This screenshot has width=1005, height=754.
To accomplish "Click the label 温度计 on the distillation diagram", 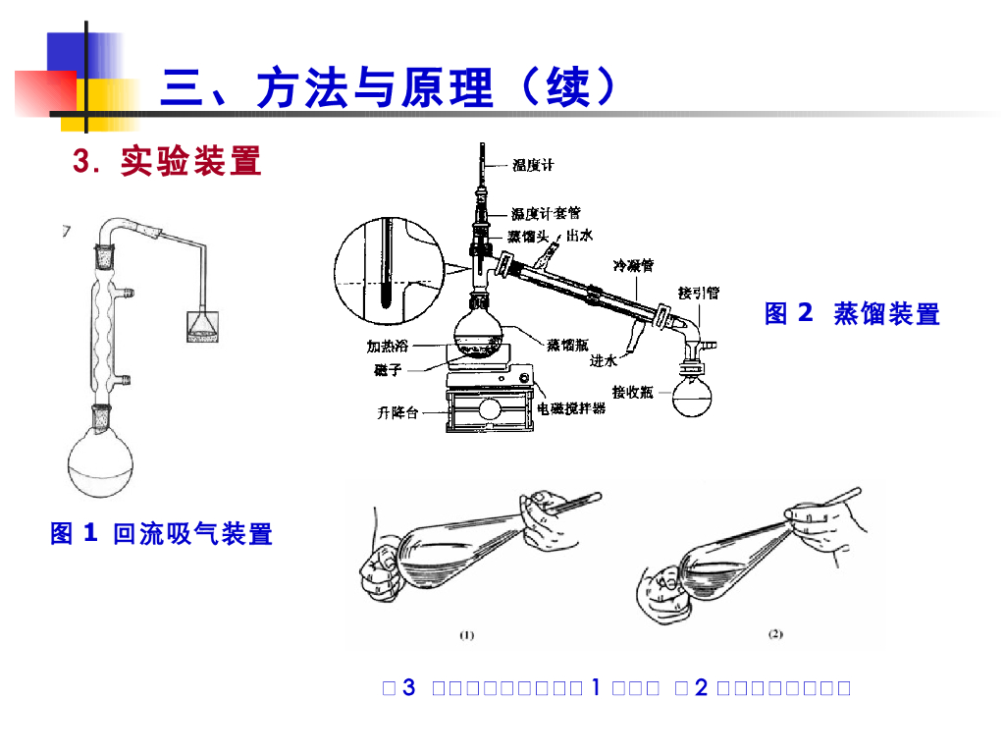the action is coord(533,166).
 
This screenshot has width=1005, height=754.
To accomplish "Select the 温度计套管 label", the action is coord(545,213).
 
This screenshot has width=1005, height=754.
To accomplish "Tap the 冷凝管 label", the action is coord(634,265).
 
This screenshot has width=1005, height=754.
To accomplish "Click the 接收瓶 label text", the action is coord(632,392).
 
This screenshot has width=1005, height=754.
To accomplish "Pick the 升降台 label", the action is coord(397,413).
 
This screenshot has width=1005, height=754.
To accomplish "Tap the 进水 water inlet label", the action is coord(603,360).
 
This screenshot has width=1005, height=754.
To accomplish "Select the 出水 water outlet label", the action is coord(579,236).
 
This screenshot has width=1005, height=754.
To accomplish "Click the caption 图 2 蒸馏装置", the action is coord(852,314).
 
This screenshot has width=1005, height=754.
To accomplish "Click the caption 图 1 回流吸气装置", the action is coord(161,534).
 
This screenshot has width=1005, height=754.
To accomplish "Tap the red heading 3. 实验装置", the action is coord(168,162).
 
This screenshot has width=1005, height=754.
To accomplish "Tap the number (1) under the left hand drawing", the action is coord(467,635).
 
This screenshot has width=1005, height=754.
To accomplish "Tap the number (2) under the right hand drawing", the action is coord(774,634).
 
